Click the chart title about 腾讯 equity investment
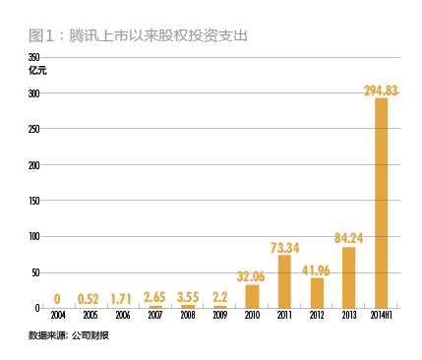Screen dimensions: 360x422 tap(138, 34)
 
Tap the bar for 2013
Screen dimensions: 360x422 tap(348, 277)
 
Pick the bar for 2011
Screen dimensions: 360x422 tap(284, 281)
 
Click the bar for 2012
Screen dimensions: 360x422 tap(317, 293)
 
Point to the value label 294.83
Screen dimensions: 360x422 tap(381, 90)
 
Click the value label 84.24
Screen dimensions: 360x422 tap(348, 237)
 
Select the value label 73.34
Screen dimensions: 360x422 tap(284, 247)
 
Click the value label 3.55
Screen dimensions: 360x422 tap(187, 296)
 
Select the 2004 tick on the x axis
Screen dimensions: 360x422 tap(58, 317)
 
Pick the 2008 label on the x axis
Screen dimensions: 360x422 tap(187, 317)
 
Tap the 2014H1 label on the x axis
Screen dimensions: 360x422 tap(382, 317)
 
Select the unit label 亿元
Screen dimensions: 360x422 tap(37, 70)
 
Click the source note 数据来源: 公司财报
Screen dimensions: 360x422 tap(70, 336)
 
